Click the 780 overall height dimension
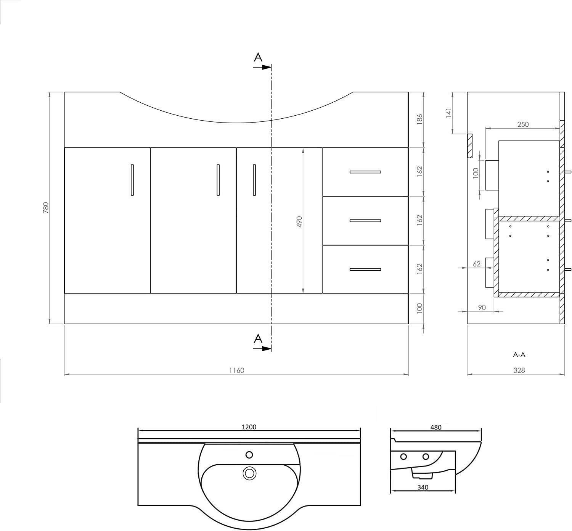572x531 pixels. [46, 208]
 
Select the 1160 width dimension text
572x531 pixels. [236, 370]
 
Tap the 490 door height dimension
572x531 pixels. [299, 222]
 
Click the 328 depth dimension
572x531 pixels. [519, 370]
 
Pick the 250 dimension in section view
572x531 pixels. [523, 124]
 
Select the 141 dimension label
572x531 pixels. [448, 113]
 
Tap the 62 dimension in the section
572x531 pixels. [477, 264]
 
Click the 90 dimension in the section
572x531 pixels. [482, 307]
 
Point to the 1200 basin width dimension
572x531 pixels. [249, 427]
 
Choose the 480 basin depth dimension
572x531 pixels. [436, 427]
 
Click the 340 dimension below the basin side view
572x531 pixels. [423, 487]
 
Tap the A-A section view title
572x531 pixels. [519, 355]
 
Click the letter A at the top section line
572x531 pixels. [258, 57]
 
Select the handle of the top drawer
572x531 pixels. [365, 172]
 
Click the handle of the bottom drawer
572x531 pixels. [365, 270]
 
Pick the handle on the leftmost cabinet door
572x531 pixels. [132, 180]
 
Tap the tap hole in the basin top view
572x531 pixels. [249, 455]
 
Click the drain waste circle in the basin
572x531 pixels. [249, 473]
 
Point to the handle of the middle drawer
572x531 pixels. [365, 221]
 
